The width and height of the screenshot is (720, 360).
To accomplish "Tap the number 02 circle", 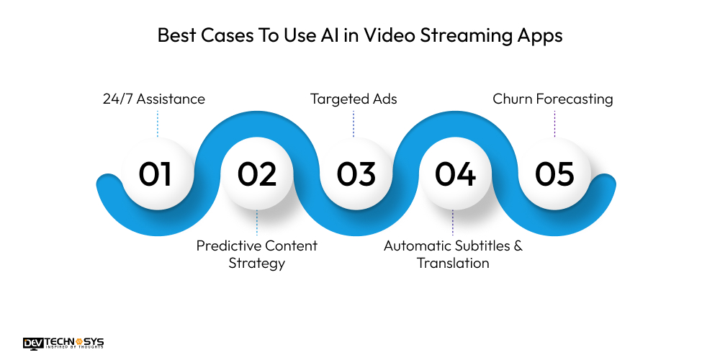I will tap(257, 174).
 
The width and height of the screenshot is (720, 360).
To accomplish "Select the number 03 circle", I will tap(356, 174).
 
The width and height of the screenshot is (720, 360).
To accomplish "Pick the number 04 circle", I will tap(455, 174).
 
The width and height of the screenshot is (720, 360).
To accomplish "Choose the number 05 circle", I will tap(554, 174).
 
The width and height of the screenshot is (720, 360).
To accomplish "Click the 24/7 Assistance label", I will tap(155, 99).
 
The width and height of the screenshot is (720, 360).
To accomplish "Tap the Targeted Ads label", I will tap(353, 99).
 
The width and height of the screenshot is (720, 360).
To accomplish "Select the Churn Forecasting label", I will tap(553, 99).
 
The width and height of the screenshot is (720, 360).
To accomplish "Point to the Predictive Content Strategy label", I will tap(257, 254).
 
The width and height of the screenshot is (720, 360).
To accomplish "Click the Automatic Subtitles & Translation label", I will tap(453, 254).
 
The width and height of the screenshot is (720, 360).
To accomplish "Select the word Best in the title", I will tap(176, 36).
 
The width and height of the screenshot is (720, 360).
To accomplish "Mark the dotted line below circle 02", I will tap(257, 223).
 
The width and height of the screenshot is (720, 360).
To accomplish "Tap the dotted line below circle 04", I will tap(453, 223).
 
